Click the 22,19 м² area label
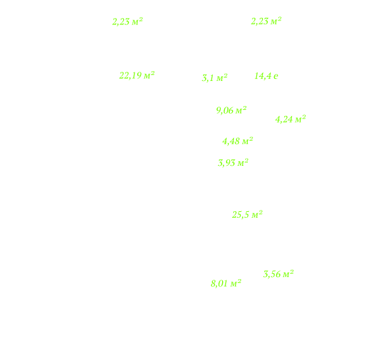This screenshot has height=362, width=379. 137,76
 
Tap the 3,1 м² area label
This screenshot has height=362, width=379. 215,78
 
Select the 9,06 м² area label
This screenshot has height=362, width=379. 231,111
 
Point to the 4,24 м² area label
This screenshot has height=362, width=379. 291,119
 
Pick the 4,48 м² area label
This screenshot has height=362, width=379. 237,141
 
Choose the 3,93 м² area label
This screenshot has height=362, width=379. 233,163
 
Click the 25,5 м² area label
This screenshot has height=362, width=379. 247,215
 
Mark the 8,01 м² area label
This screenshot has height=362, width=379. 226,283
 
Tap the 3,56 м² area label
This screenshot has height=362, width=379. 278,274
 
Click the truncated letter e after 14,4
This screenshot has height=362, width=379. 276,76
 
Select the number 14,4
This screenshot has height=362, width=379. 263,76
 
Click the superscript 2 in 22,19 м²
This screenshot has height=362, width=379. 152,73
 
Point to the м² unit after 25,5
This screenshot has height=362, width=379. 257,214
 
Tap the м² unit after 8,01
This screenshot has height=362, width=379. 236,283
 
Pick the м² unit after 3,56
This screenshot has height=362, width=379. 288,274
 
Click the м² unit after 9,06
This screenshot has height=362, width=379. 241,110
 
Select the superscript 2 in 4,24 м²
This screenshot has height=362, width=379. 304,116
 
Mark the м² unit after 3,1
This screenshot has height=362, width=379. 222,78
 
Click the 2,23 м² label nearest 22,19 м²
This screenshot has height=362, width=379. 128,22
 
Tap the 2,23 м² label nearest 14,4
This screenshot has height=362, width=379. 266,21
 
